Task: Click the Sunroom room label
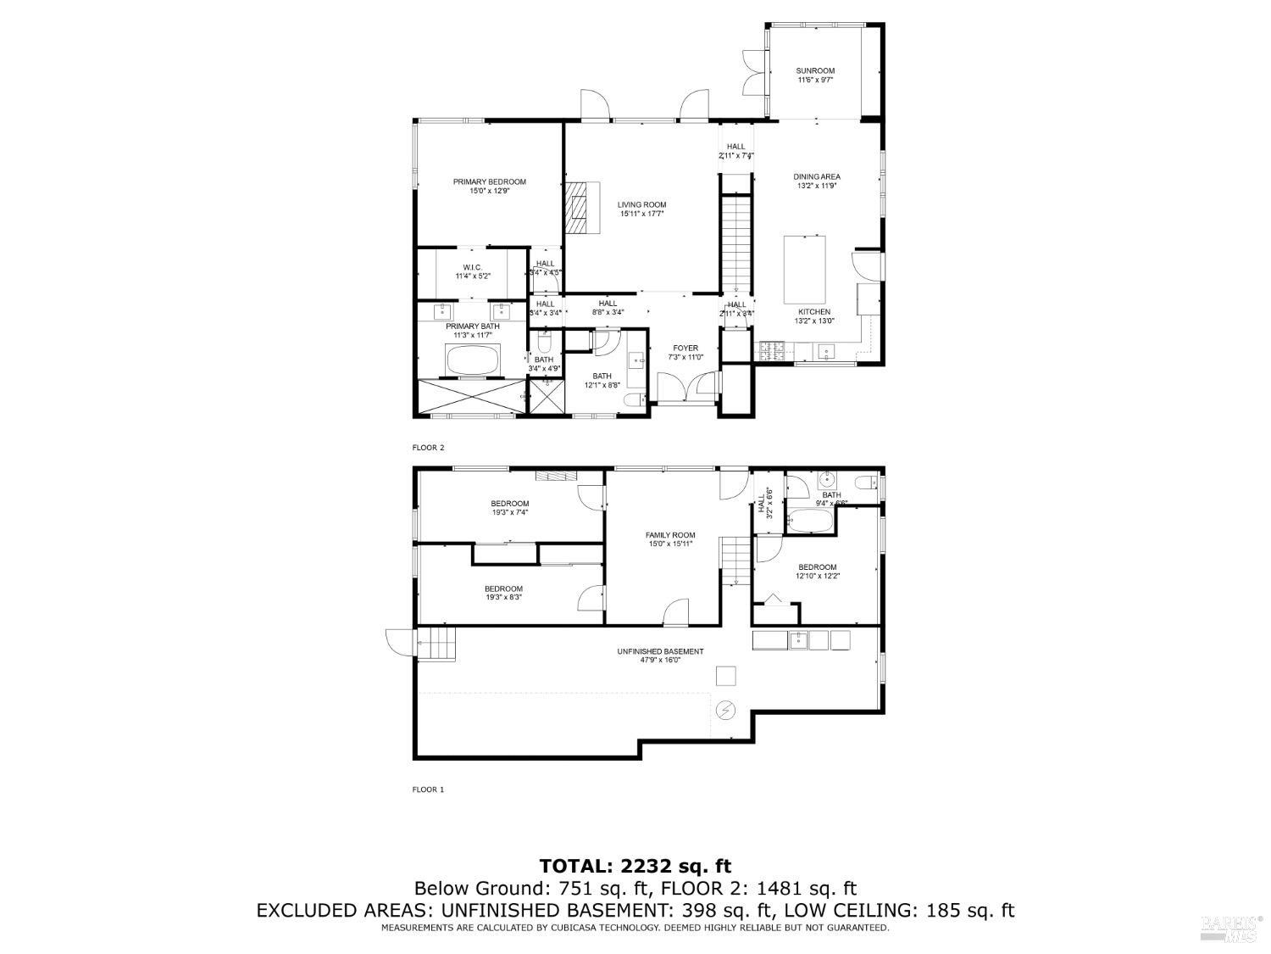coord(815,75)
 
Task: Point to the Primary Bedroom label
coord(489,186)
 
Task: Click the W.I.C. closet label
coord(472,271)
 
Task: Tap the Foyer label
coord(685,352)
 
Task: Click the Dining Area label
coord(817,181)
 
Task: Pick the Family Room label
coord(670,539)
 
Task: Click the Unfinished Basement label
coord(660,656)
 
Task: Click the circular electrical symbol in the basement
coord(726,709)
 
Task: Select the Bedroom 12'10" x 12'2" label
coord(817,572)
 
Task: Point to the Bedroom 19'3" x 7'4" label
coord(510,507)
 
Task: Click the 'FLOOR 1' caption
coord(428,789)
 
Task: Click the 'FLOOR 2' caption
coord(428,448)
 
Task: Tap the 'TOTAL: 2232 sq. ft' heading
coord(635,866)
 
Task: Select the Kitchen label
coord(813,315)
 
